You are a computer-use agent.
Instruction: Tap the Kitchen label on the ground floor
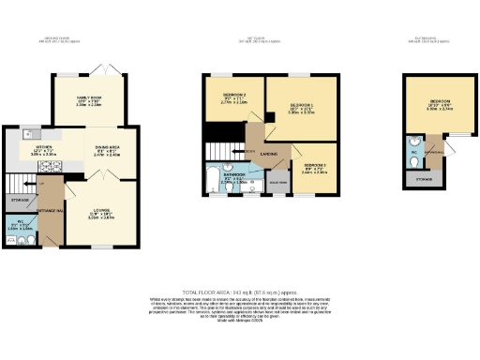pos(42,148)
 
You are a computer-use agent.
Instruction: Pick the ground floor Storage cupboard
pos(19,201)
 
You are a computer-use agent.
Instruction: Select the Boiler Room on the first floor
pos(277,181)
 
